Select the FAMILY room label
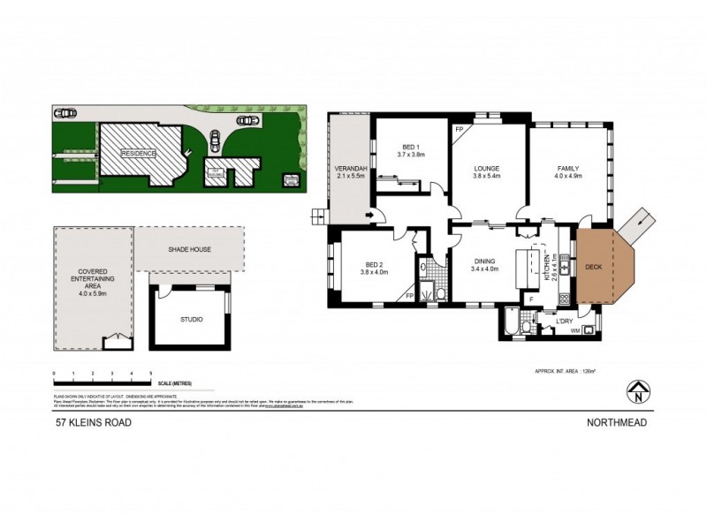coord(568,168)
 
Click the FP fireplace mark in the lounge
coord(459,131)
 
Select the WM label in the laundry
coord(575,330)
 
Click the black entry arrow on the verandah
coord(369,214)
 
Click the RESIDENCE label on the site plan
coord(139,153)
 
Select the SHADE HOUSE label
coord(187,249)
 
